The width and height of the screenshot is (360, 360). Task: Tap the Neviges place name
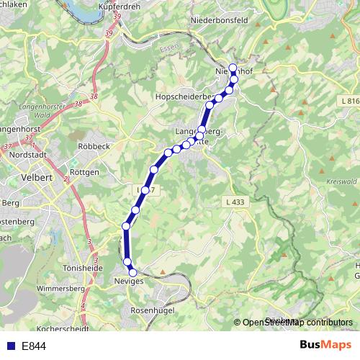(x=129, y=281)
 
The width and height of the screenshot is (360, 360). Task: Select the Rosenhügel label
(x=153, y=310)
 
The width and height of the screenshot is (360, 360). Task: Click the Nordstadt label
(x=30, y=153)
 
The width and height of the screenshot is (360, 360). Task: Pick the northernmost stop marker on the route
(x=233, y=68)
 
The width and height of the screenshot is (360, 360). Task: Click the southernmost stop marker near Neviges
(x=132, y=271)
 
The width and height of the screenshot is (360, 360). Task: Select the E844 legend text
(x=34, y=346)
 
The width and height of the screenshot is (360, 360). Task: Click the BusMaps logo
(x=325, y=346)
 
